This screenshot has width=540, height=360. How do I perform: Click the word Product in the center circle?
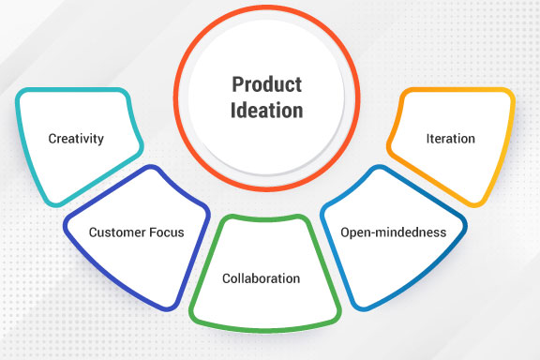tap(267, 85)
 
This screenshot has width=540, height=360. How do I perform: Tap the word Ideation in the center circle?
tap(267, 110)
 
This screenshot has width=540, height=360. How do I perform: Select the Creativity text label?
tap(76, 139)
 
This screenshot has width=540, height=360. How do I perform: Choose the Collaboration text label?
tap(261, 278)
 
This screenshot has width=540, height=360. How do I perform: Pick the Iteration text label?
tap(450, 139)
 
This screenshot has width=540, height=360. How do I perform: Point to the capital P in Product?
tap(236, 85)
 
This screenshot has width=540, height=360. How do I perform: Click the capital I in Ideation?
tap(234, 110)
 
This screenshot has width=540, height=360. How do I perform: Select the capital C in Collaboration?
tap(226, 278)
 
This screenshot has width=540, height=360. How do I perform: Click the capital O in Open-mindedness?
tap(344, 231)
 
